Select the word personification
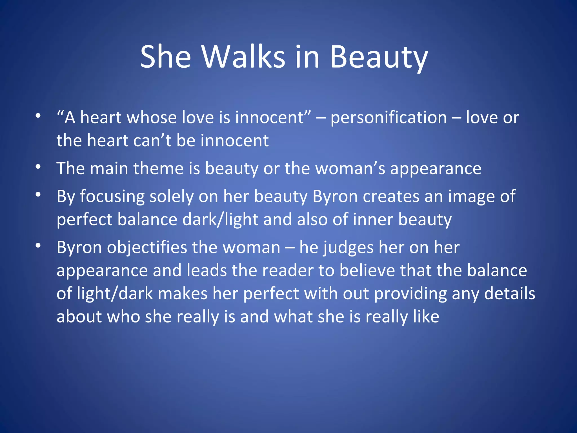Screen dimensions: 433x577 (389, 118)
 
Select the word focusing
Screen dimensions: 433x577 (112, 197)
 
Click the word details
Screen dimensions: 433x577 (509, 294)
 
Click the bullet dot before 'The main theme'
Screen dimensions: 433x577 (38, 167)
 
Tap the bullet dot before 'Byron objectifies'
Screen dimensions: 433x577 (38, 246)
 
